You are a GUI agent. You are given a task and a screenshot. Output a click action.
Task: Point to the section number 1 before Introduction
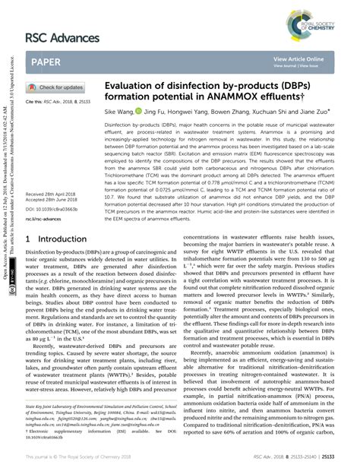28,239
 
